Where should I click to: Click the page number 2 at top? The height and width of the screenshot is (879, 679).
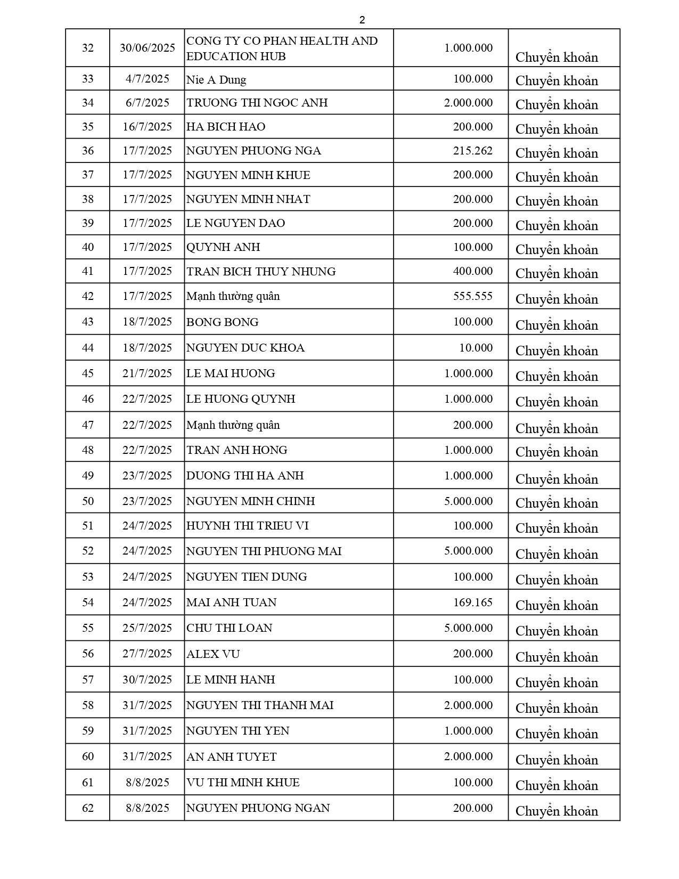(362, 20)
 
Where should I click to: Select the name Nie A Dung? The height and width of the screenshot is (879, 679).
(216, 80)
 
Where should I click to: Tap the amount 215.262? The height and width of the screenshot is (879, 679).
(473, 151)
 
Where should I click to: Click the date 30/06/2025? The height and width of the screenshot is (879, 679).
(147, 48)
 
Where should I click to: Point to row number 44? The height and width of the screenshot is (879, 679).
(88, 348)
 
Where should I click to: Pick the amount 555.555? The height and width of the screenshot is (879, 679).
(473, 296)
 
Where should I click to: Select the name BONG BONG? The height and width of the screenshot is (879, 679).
(223, 322)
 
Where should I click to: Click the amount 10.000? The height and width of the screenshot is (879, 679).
(476, 348)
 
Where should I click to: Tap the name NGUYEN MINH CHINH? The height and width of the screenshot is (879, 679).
(250, 501)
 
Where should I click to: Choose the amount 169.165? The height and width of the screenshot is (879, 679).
(473, 603)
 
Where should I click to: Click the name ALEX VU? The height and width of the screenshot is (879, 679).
(213, 654)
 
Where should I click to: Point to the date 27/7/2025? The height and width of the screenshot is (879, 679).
(147, 654)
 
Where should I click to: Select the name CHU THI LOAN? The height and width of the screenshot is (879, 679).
(229, 628)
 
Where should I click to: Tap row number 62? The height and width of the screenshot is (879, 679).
(88, 808)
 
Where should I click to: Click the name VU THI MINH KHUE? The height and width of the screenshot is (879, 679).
(243, 783)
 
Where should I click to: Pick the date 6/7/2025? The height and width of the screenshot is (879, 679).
(147, 103)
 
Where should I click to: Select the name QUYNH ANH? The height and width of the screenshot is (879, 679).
(223, 247)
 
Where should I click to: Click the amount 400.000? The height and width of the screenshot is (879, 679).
(473, 271)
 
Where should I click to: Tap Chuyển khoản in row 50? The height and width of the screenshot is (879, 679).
(557, 503)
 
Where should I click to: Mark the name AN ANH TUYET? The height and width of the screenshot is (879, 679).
(231, 757)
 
